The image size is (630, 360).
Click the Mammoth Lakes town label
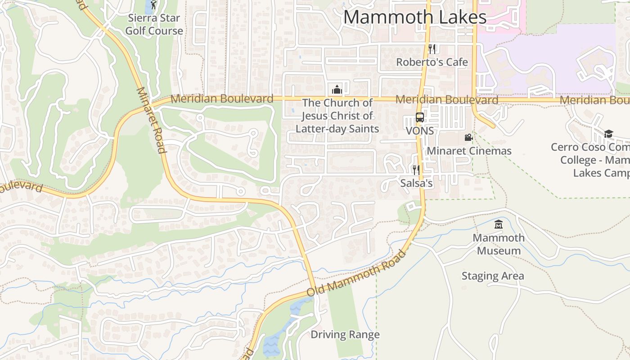click(414, 17)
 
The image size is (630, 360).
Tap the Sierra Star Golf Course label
click(154, 25)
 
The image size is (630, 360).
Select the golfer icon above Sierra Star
click(154, 5)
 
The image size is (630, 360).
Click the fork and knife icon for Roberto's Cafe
click(432, 49)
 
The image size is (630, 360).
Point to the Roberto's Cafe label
click(432, 62)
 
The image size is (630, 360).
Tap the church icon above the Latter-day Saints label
click(337, 89)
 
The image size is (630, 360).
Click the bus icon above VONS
click(420, 118)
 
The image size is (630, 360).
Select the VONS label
click(420, 131)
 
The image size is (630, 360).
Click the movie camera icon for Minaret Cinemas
click(468, 138)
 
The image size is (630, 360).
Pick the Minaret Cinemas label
click(469, 151)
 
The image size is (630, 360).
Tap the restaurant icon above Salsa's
click(416, 170)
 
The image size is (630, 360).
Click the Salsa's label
click(416, 183)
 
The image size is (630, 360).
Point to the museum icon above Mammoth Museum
click(499, 224)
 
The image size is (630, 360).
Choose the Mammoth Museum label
click(499, 244)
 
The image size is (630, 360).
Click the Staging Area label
click(493, 276)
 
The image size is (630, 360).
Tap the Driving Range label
click(345, 335)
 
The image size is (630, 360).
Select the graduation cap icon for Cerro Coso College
click(608, 134)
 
